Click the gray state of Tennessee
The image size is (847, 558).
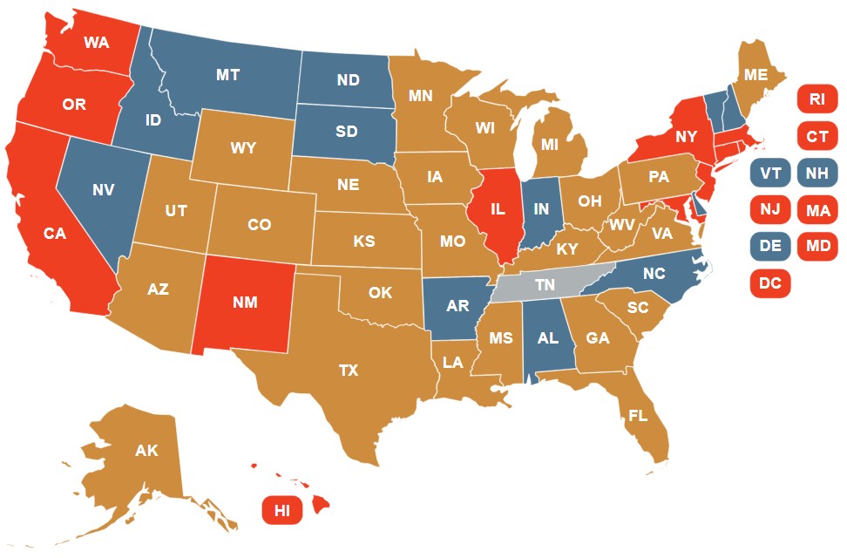click(545, 285)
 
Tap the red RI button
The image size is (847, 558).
click(817, 99)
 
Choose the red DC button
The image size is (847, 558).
click(769, 283)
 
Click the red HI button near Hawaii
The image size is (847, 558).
click(281, 511)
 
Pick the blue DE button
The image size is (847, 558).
click(769, 247)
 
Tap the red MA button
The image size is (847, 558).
click(817, 210)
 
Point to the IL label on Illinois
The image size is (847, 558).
click(498, 210)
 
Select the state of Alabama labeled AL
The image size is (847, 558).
click(547, 339)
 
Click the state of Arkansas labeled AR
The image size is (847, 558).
click(457, 307)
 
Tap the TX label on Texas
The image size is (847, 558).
click(348, 371)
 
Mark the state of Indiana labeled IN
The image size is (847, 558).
click(541, 210)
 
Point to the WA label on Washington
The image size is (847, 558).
click(96, 42)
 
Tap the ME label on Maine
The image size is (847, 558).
click(756, 75)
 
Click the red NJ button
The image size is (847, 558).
click(769, 210)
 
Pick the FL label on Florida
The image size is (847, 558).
click(638, 416)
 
